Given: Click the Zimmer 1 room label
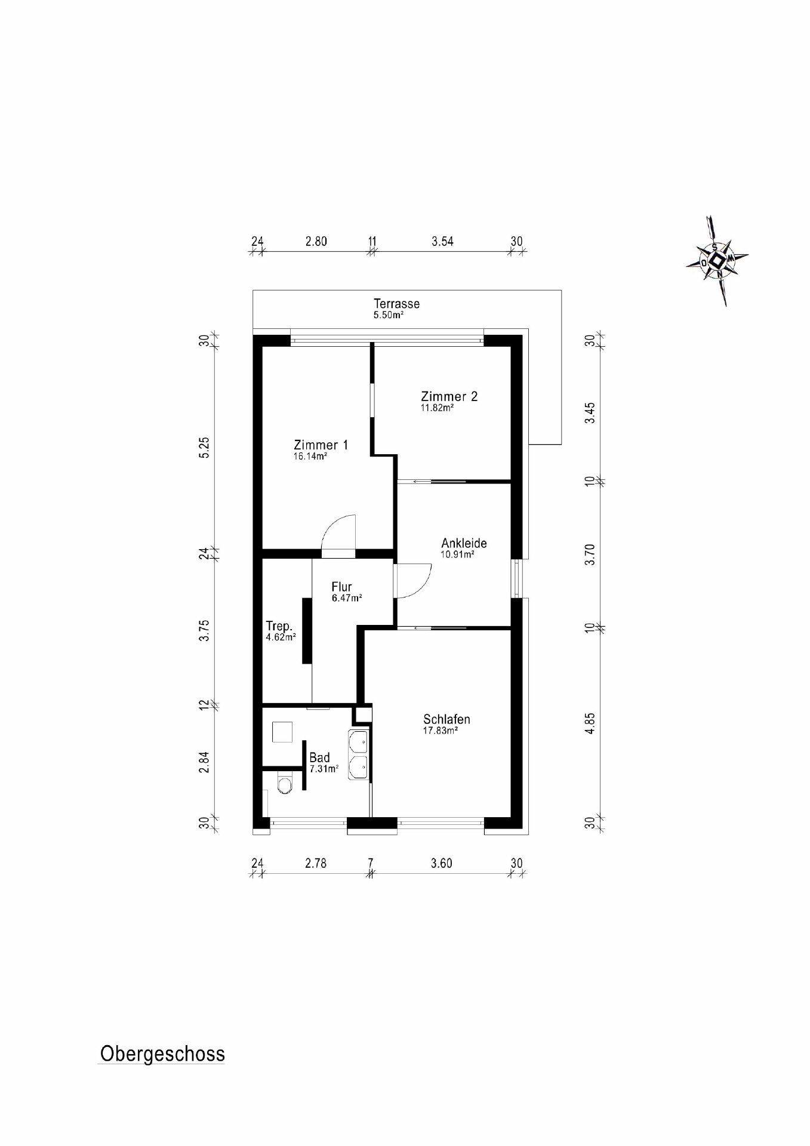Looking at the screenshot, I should (x=321, y=445).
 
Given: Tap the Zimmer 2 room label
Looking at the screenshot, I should (x=449, y=396).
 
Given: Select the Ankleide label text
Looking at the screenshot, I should (x=464, y=543).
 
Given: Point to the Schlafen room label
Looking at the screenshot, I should (x=446, y=719).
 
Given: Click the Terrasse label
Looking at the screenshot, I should (x=396, y=304).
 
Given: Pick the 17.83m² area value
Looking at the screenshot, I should (x=440, y=731).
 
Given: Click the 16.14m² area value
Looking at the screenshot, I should (x=310, y=457).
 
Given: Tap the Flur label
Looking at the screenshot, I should (x=341, y=587).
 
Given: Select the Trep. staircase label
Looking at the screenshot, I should (x=279, y=626).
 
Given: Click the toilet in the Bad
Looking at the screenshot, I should (x=285, y=784).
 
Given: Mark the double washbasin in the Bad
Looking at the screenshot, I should (x=358, y=754).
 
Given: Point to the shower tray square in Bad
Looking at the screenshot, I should (x=282, y=732).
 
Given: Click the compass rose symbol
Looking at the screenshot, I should (x=717, y=261).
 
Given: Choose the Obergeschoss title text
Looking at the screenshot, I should (x=162, y=1053).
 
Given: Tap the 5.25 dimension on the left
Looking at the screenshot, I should (x=205, y=447).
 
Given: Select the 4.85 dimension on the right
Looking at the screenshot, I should (x=590, y=723).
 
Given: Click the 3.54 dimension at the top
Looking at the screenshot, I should (x=442, y=241).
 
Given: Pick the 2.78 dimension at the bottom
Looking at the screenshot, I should (x=316, y=863).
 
